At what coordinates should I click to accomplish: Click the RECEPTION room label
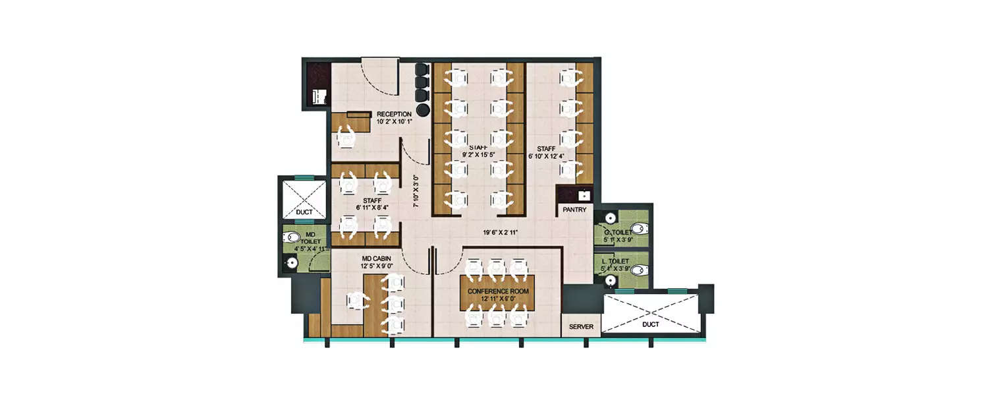coord(394,114)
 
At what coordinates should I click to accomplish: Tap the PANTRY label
coord(574,210)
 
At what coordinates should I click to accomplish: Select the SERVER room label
coord(581,327)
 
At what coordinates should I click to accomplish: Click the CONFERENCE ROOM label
coord(497,291)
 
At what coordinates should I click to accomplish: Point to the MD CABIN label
coord(377,258)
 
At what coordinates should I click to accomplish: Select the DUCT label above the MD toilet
coord(304,212)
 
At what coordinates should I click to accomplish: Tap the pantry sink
coord(582,194)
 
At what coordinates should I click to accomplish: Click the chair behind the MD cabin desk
coord(358,302)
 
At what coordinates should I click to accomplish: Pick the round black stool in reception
coord(423,109)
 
